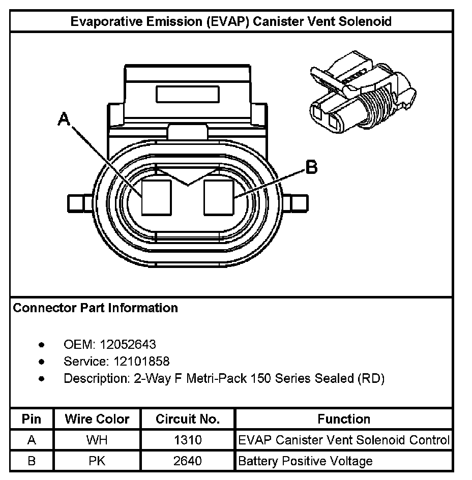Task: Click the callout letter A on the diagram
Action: click(x=64, y=119)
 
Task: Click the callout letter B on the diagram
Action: click(x=311, y=167)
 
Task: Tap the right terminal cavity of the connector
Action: click(x=219, y=197)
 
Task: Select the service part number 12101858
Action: click(x=135, y=362)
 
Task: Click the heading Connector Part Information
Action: click(x=95, y=308)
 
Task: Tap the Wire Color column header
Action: click(x=97, y=419)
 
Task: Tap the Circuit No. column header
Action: click(x=188, y=419)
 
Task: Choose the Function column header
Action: click(x=344, y=419)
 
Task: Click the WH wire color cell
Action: click(x=97, y=440)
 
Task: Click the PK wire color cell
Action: click(x=97, y=462)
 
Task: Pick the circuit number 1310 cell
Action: click(x=188, y=440)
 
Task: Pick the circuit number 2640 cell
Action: click(x=188, y=462)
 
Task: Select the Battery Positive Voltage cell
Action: click(x=305, y=462)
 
